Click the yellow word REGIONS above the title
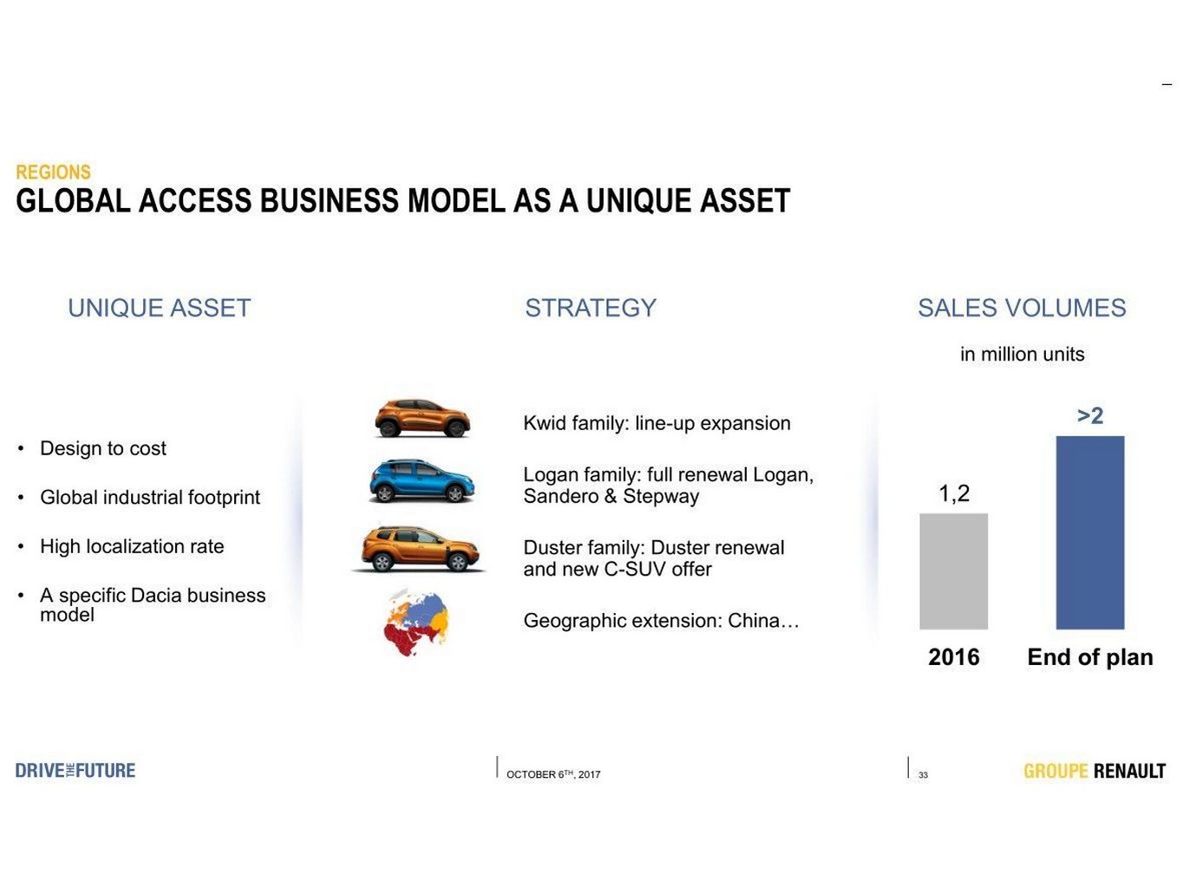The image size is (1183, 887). point(54,172)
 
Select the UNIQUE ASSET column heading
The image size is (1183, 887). point(159,308)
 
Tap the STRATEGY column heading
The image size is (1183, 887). point(591,308)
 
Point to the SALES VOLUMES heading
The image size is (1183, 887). point(1022,308)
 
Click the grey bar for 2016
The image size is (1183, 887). point(953,571)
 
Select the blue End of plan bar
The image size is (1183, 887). point(1089,532)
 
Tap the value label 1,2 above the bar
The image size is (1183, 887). point(954,493)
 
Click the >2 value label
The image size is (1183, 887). point(1090,415)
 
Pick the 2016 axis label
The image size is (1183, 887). point(953,657)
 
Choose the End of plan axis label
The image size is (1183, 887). point(1089,658)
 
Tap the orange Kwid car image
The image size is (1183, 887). point(422,418)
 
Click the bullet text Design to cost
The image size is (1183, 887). point(103,448)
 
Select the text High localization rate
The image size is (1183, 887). point(132,546)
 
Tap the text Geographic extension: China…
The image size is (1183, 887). point(661,621)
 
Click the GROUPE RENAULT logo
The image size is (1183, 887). point(1094,771)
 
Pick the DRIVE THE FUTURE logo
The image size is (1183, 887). point(75,771)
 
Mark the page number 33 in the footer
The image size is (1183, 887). point(923,775)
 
